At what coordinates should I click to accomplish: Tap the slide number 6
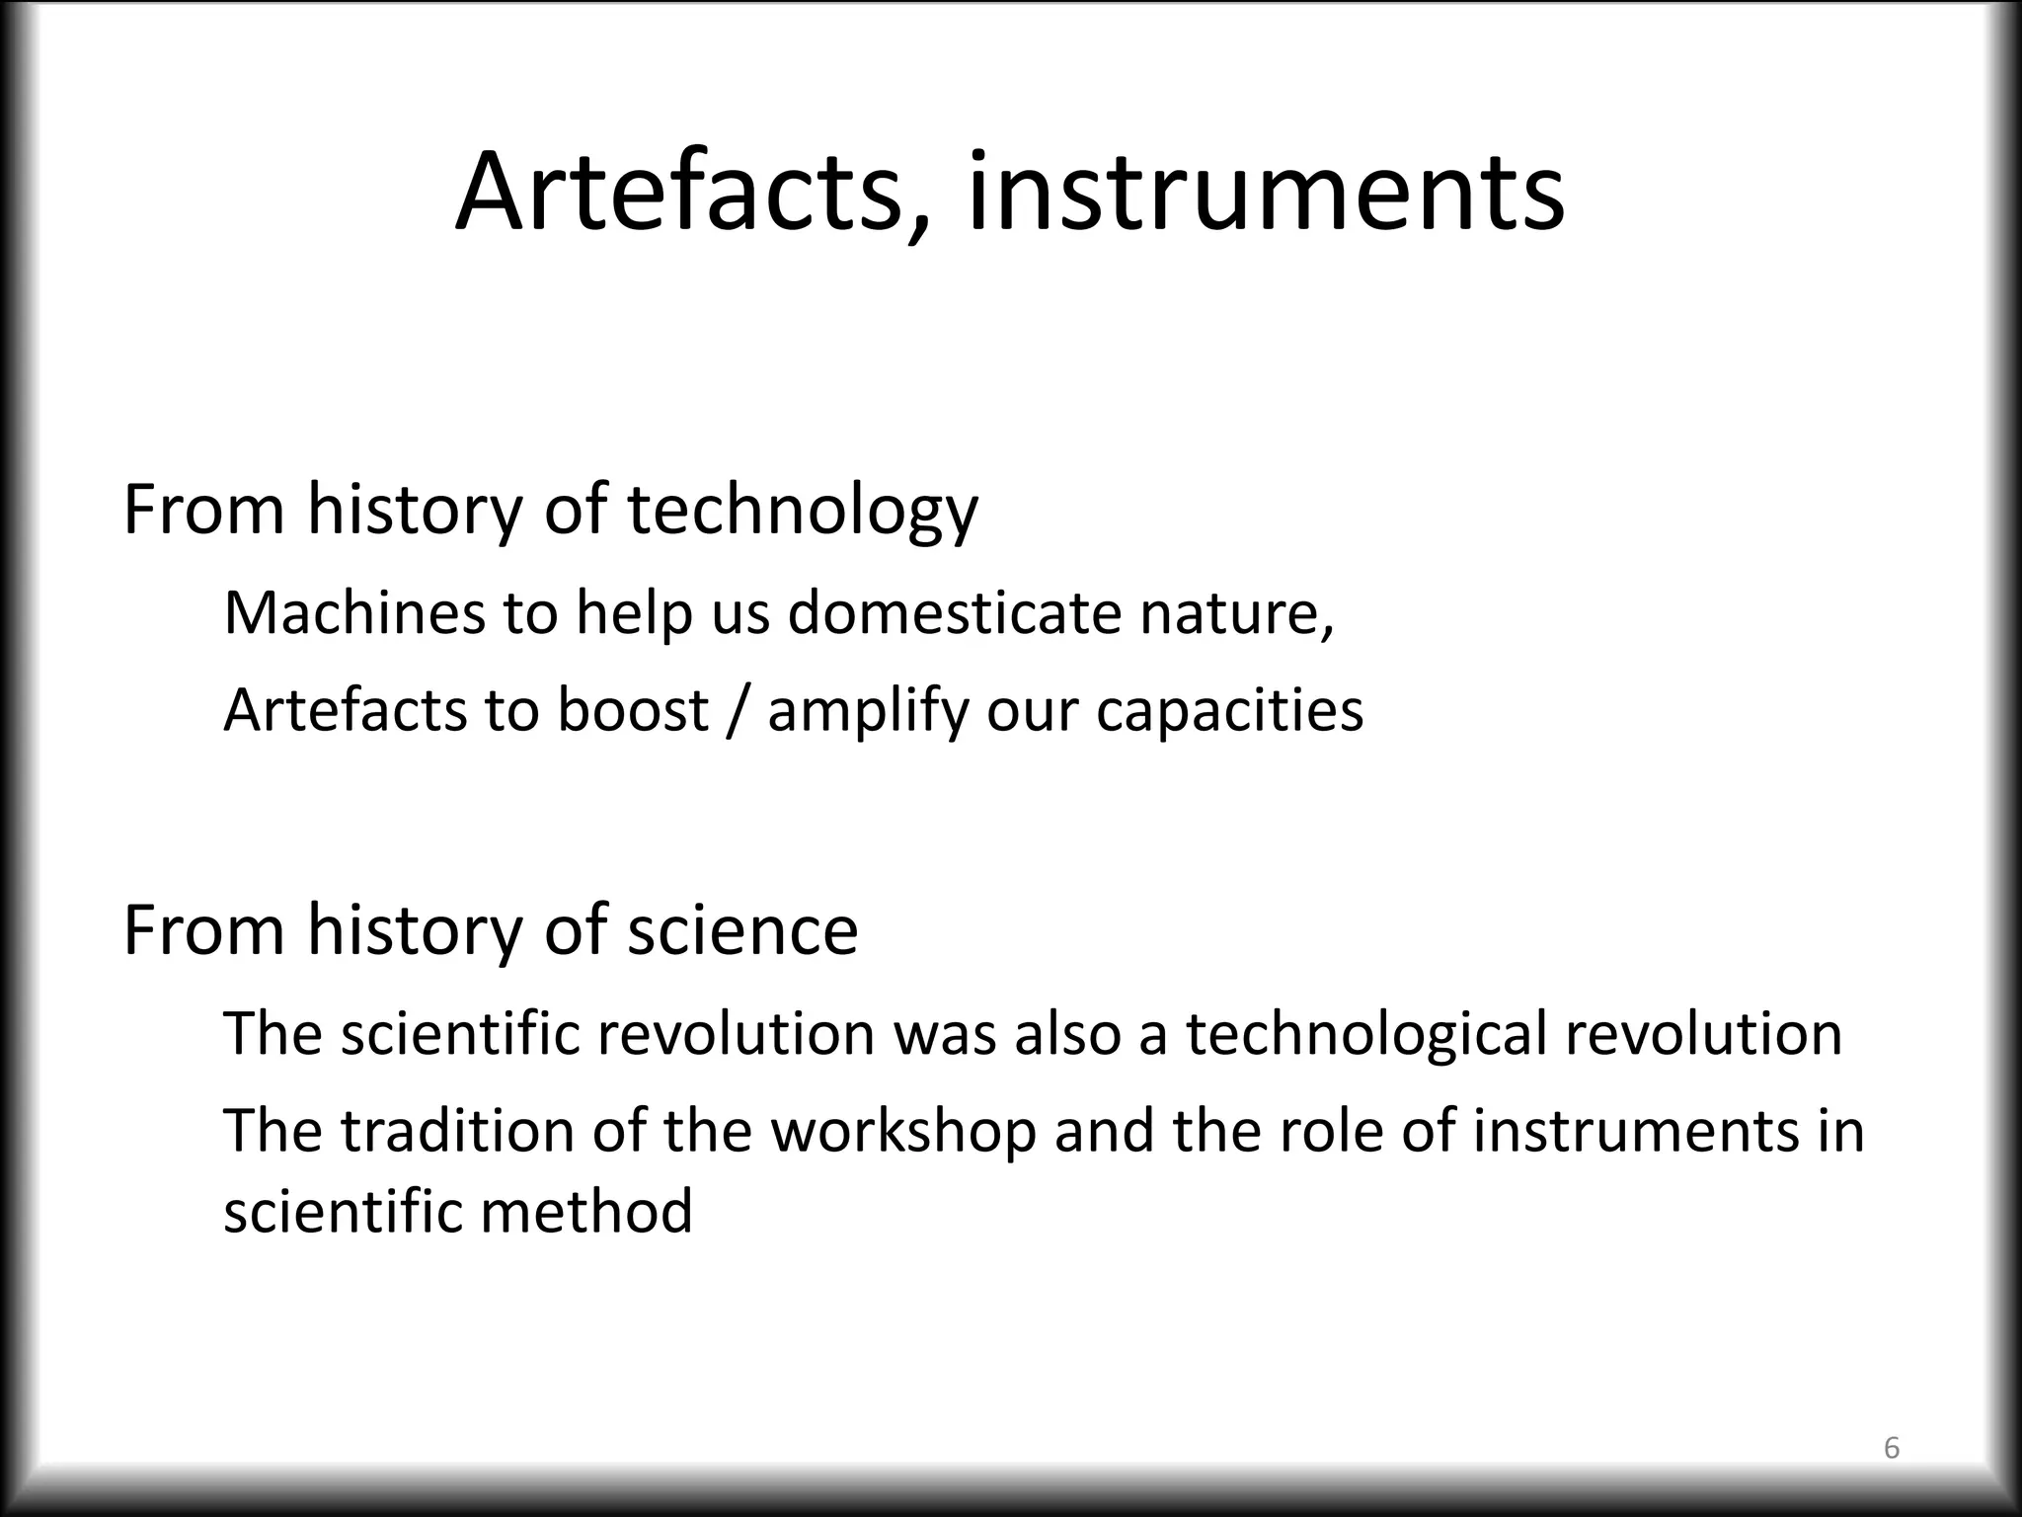1891,1449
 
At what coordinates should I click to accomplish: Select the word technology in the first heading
802,512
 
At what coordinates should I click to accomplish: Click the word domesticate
954,612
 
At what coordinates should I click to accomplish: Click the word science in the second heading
742,931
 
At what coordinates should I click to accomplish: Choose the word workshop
903,1132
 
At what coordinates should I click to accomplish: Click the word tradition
457,1132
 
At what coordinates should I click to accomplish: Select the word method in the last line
586,1212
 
